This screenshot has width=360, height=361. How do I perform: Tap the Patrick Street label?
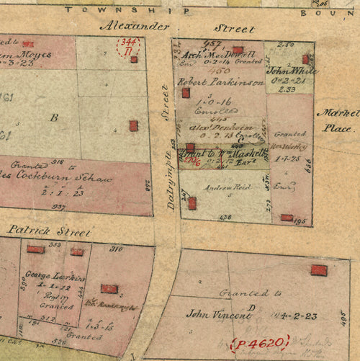[49, 232]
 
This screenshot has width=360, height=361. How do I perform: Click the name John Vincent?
[212, 315]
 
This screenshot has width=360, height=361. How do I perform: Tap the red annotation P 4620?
[259, 343]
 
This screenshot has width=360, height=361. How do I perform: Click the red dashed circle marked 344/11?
[129, 47]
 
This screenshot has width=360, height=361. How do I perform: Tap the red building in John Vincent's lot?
[318, 270]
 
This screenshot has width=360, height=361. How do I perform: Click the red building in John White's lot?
[305, 59]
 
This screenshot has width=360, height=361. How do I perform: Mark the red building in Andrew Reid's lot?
[192, 203]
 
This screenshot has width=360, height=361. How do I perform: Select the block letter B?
[53, 117]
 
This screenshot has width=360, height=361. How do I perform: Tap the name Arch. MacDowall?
[216, 55]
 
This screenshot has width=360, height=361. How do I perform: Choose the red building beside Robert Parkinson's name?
[186, 92]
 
